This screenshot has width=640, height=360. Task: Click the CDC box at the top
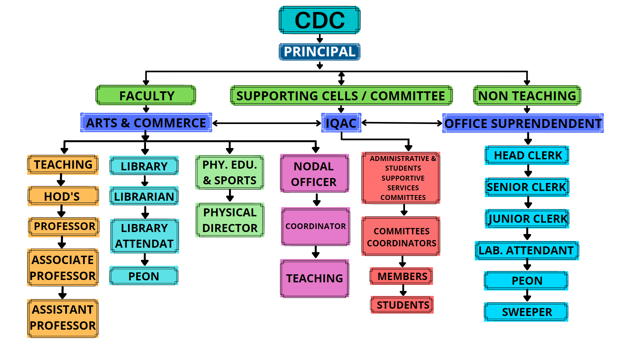pos(319,20)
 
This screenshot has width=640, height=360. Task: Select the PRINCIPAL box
pos(319,52)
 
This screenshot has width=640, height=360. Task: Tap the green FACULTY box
pos(146,96)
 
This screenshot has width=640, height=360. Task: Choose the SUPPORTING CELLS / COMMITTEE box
pos(341,96)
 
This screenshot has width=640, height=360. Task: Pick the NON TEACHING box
pos(527,96)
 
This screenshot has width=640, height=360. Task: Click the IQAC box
pos(341,123)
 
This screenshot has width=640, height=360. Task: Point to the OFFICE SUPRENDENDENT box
pos(523,123)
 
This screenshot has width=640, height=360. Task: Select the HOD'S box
pos(63,196)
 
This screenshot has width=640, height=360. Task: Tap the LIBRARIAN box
pos(144,196)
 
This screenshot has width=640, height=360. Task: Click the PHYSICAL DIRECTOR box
pos(230,220)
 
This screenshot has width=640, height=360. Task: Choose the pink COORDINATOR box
pos(315,226)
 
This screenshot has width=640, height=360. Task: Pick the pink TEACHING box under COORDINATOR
pos(314,278)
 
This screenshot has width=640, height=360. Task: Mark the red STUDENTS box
pos(402,305)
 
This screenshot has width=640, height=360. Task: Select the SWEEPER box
pos(526,312)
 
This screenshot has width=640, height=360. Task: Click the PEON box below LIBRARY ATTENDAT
pos(144,276)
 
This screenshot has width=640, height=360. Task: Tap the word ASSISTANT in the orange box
pos(63,310)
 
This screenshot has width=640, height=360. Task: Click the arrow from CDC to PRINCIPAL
pos(320,39)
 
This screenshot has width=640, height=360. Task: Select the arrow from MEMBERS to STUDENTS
pos(403,290)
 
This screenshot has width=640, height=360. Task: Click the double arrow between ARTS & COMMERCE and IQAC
pos(267,123)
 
